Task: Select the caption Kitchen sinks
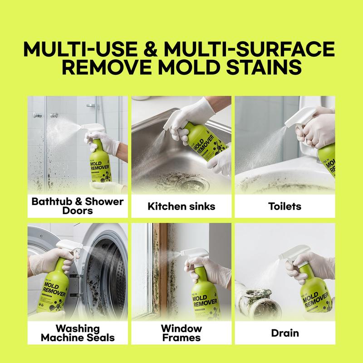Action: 181,207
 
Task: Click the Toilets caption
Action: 284,207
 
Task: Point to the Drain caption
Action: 284,333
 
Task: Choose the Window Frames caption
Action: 181,333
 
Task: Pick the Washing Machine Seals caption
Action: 78,333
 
